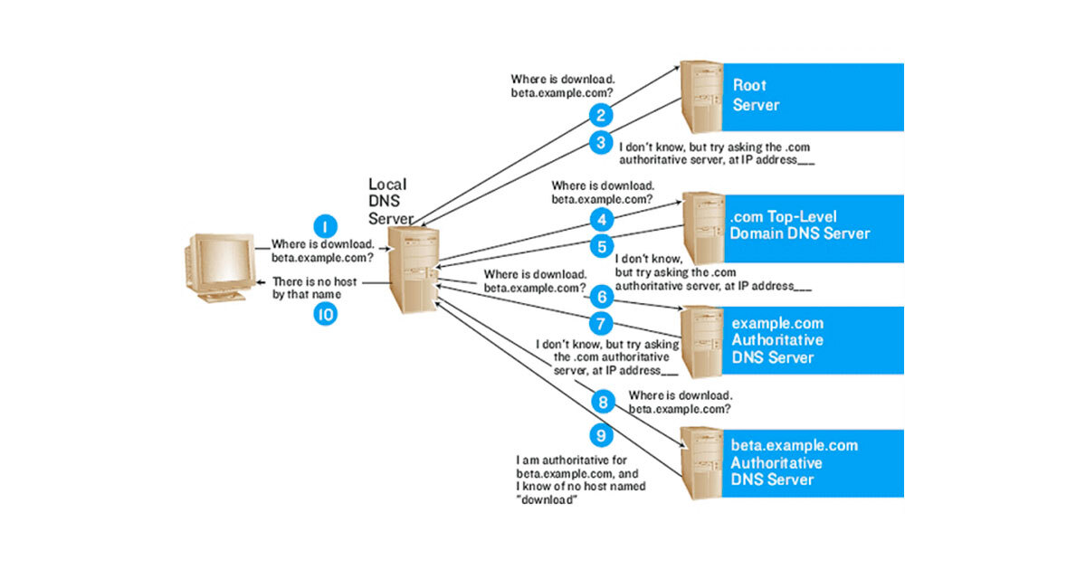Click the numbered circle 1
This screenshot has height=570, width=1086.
323,225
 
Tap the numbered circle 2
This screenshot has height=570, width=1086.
600,115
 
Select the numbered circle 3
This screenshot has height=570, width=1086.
600,142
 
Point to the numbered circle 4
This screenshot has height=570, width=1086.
600,218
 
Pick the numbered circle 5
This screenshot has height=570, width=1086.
600,245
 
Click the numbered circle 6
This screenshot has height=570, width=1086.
600,296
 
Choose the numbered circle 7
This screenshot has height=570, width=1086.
600,323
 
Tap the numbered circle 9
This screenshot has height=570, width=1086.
600,435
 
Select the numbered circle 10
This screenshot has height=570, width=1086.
323,314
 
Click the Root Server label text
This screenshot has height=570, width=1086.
756,95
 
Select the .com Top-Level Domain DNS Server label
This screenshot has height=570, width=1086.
800,225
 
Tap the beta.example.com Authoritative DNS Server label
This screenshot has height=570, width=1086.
794,462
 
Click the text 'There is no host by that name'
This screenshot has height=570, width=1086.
315,288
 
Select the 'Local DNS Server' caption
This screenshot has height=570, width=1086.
390,202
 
